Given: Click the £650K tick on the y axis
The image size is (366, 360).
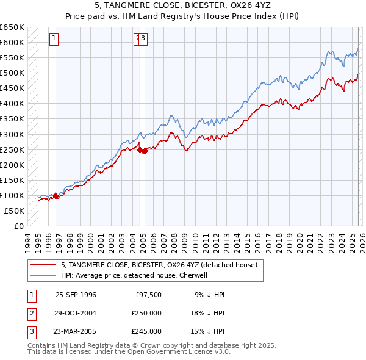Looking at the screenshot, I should [12, 27].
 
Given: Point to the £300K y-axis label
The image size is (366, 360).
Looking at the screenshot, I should [12, 134].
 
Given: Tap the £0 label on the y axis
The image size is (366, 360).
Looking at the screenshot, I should [19, 226].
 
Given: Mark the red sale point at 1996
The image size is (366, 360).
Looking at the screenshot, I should [56, 196].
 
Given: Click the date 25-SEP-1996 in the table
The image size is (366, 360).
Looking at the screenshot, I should [76, 295].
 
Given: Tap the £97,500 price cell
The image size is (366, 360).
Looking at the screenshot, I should [148, 295].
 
